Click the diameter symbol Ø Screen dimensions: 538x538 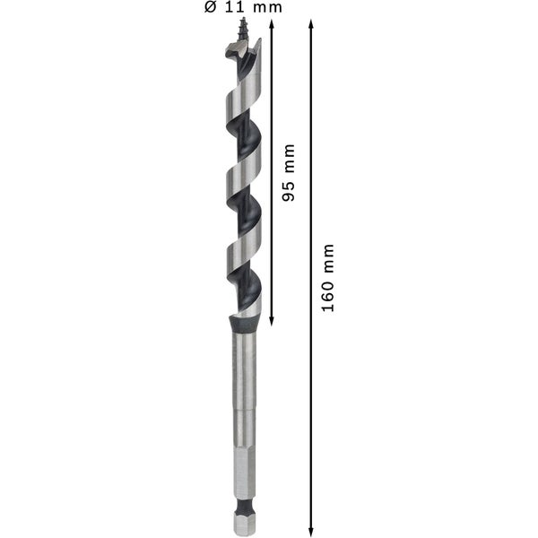tap(211, 7)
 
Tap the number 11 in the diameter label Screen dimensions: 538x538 tap(234, 7)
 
